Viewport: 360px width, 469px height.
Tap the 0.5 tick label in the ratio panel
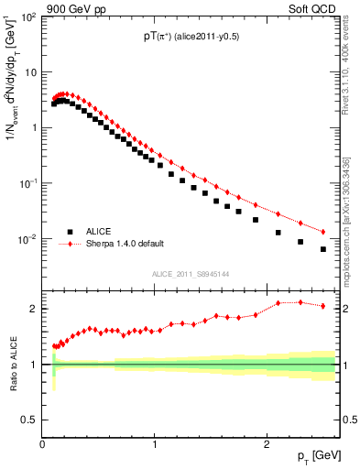[30, 420]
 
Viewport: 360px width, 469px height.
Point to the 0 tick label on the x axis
[43, 444]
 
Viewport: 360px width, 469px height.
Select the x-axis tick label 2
[266, 444]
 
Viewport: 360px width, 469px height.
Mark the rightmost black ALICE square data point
[322, 249]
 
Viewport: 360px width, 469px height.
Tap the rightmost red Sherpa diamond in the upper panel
[322, 231]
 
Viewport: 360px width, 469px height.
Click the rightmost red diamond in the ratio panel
[322, 306]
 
